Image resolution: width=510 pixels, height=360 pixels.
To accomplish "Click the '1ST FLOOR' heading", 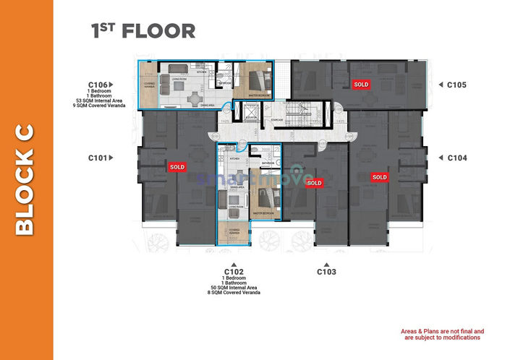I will coord(143,30).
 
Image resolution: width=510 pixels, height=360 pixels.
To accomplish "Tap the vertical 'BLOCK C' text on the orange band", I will coord(25,180).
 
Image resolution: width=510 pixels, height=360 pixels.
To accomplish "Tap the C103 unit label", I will coord(327,273).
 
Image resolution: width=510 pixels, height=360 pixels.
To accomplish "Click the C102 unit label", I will coord(234,273).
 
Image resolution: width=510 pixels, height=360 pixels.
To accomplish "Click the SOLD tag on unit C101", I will coord(177,167).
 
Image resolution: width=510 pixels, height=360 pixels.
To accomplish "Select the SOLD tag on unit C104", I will coord(379,177).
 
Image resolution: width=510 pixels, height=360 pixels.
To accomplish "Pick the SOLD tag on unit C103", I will coord(314,184).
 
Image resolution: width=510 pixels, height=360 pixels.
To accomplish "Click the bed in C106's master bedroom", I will coord(256,75).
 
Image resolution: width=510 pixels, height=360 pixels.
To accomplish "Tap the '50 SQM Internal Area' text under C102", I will coord(234,288).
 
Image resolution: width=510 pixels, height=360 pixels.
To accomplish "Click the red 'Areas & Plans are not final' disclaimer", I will coord(442,334).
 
